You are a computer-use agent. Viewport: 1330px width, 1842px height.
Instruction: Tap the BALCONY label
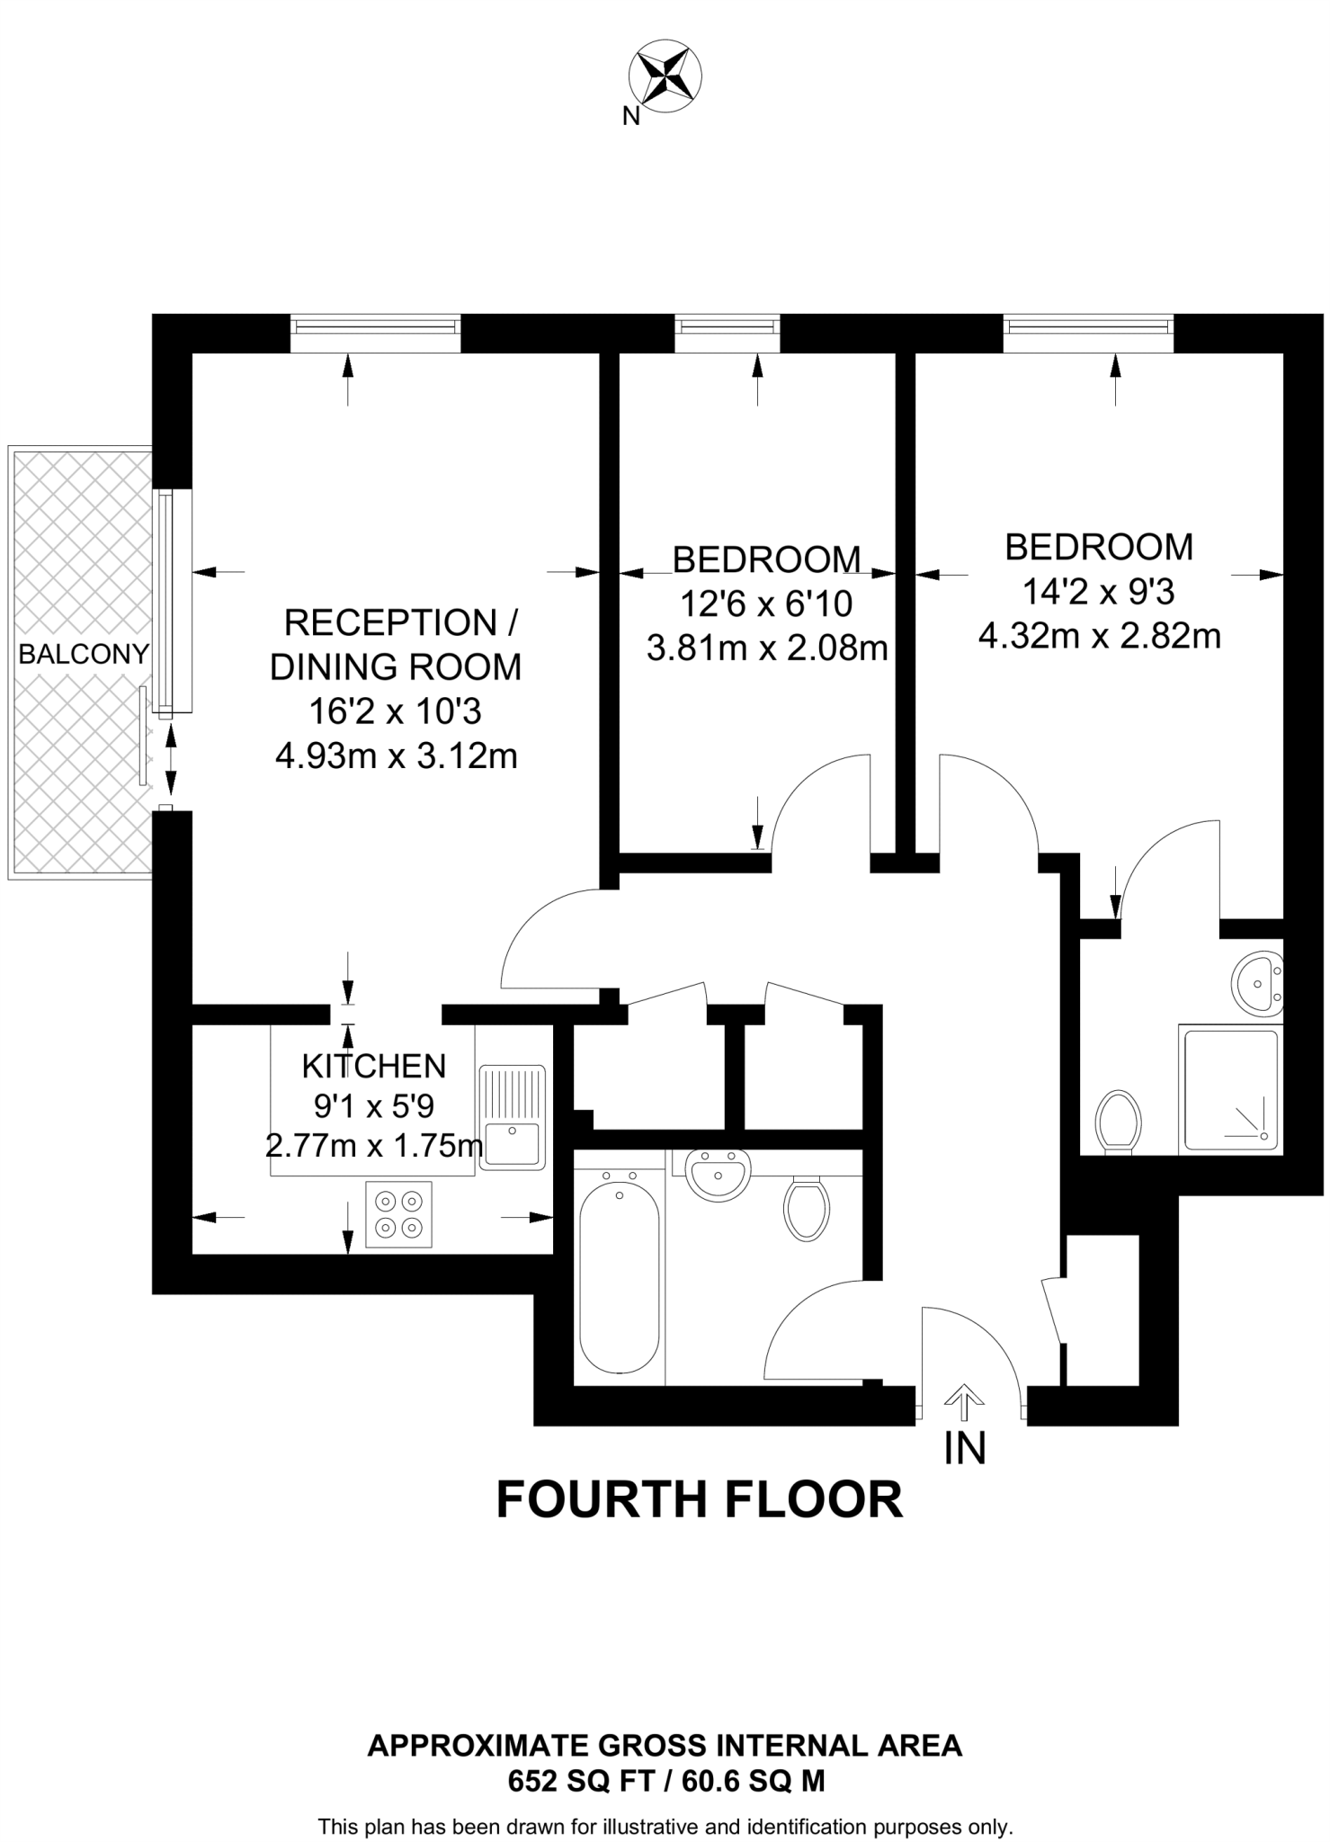click(84, 654)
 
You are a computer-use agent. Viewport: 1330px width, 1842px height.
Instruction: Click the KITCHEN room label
click(373, 1066)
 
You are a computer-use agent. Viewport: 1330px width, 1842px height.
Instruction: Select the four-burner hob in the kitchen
click(398, 1214)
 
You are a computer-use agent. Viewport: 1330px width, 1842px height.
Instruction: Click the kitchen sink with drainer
click(512, 1117)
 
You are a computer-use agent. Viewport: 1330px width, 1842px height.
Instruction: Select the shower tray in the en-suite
click(1230, 1090)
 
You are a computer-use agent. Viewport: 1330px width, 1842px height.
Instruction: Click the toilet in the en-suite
click(1119, 1120)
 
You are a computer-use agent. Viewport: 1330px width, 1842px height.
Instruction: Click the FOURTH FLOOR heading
click(699, 1500)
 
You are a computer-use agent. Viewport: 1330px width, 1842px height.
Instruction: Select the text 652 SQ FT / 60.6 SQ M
click(665, 1781)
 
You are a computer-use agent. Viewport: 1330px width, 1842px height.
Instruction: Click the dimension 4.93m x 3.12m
click(396, 756)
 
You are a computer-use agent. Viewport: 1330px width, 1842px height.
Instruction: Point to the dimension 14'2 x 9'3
click(1098, 591)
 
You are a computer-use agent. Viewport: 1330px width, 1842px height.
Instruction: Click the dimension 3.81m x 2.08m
click(766, 647)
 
